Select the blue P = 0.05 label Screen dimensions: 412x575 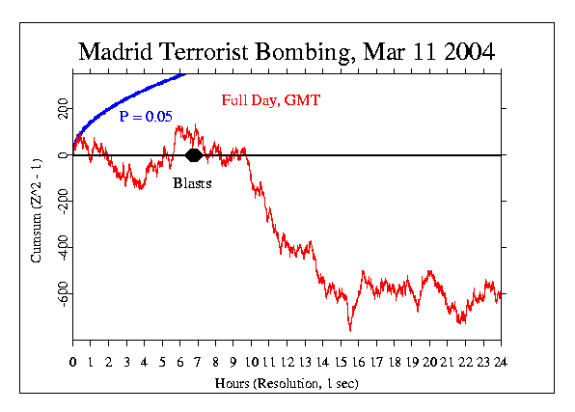click(146, 117)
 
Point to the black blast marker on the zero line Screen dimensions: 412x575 click(193, 155)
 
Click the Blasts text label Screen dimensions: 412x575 click(192, 183)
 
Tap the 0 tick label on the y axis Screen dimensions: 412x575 click(62, 155)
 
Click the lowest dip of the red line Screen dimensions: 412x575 click(350, 330)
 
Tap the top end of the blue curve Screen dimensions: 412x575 click(183, 72)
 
